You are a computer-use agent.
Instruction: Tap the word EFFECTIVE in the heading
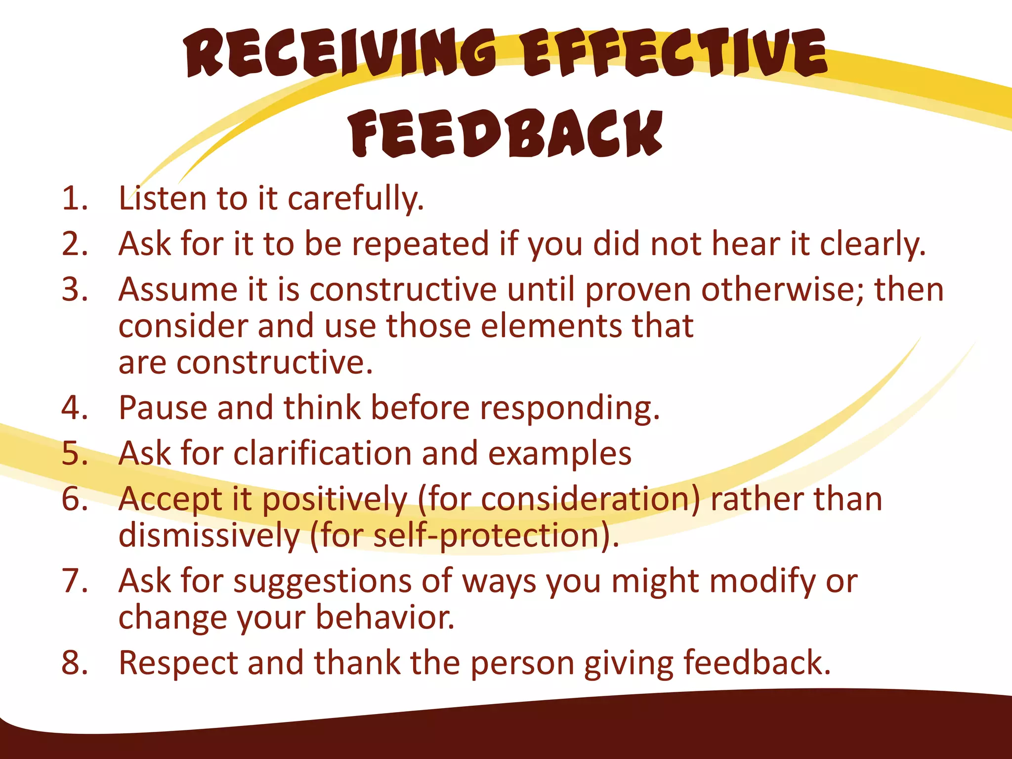(674, 53)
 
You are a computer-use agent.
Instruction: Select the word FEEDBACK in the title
(506, 132)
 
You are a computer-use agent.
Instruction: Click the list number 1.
(74, 199)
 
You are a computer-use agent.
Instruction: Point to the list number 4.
(74, 408)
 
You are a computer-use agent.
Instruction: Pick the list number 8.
(74, 663)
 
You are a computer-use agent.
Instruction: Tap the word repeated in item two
(420, 245)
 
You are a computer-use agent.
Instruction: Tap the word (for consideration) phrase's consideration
(586, 499)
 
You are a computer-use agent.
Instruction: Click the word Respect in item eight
(178, 664)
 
